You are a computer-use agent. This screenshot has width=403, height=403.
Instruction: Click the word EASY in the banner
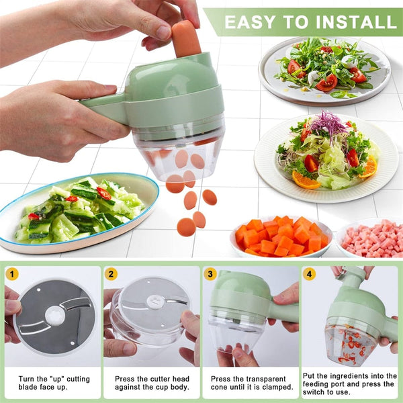(x=251, y=21)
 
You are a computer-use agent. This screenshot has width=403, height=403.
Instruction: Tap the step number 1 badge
(x=12, y=273)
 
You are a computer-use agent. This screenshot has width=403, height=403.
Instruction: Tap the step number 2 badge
(x=111, y=273)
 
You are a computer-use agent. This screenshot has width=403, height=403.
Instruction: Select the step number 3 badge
(x=210, y=273)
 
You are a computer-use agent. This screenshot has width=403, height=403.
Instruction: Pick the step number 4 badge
(x=309, y=273)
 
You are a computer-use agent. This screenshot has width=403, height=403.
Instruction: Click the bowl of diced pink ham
(x=373, y=239)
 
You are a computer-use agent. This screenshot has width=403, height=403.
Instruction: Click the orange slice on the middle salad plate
(x=306, y=180)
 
